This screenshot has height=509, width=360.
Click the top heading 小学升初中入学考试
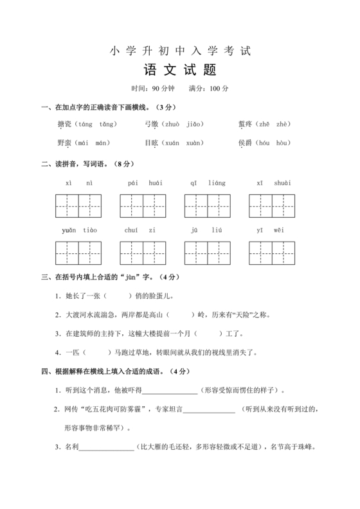pos(180,49)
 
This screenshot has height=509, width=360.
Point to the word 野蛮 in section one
pos(64,142)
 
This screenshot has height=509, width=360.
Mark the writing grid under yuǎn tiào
pos(78,251)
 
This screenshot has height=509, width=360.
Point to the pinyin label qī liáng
pos(208,183)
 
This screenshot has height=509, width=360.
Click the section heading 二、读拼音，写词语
pos(79,164)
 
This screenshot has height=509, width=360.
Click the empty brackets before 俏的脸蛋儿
pos(116,296)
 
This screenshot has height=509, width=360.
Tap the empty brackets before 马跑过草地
pos(96,352)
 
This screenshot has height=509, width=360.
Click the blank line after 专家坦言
pos(210,409)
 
